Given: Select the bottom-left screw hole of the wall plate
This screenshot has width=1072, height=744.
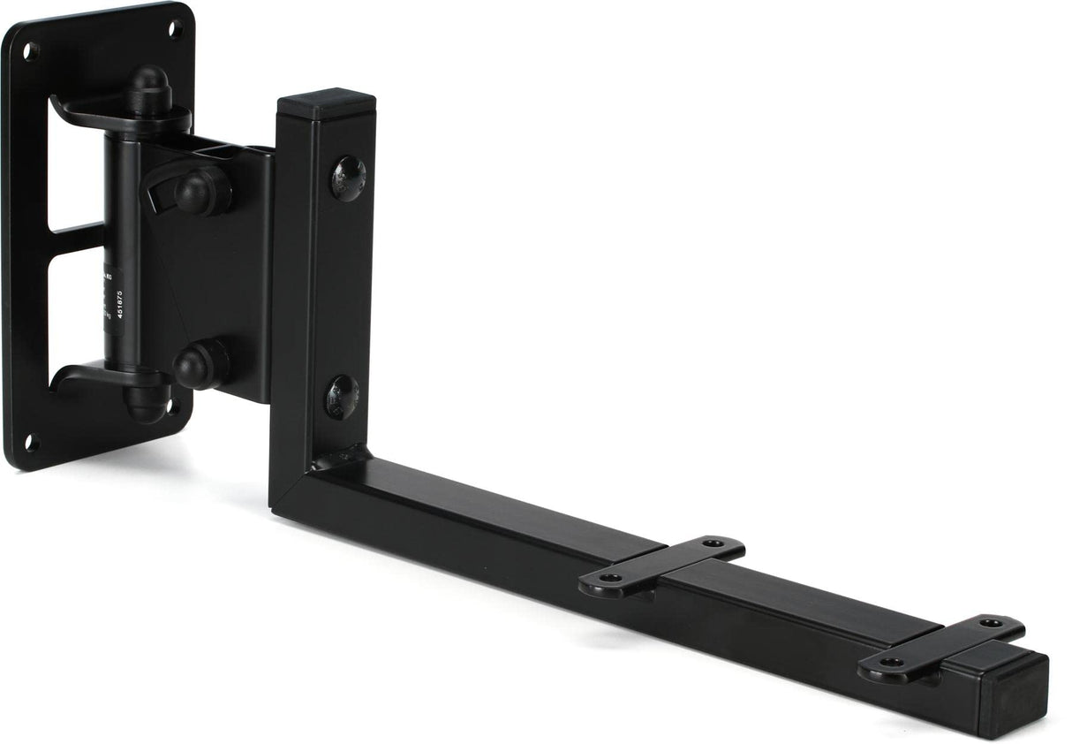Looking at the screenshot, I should tap(32, 443).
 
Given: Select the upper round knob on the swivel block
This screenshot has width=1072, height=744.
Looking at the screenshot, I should tap(202, 189).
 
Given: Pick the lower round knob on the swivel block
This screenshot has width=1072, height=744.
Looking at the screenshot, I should tap(200, 364).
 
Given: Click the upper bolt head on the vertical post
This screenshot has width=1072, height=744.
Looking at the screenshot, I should tap(348, 178).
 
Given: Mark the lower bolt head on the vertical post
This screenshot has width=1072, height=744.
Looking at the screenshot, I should tap(341, 396).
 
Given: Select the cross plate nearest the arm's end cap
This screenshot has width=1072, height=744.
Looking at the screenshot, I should tap(941, 648).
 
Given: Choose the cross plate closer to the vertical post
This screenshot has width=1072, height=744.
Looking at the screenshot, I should tap(661, 566).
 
